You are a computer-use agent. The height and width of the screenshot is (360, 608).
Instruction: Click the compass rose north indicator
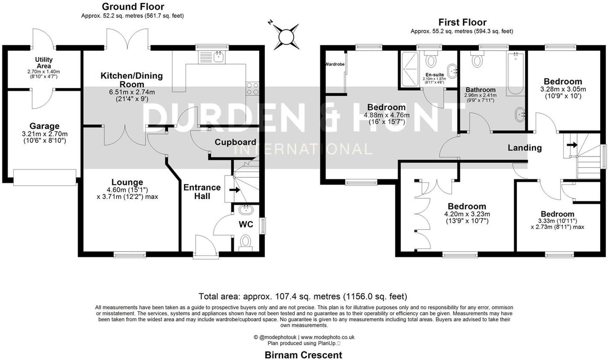(x=270, y=22)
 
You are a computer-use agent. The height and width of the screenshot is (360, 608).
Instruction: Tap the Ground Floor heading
(x=133, y=6)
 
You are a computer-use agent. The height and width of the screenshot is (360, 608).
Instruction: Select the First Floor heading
(x=462, y=22)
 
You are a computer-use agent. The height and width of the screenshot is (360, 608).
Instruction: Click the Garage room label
(x=44, y=126)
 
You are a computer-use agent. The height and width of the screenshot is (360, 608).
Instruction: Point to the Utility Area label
(x=44, y=63)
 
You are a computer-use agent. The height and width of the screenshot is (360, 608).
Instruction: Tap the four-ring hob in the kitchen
(x=253, y=88)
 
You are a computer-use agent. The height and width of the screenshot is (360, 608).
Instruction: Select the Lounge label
(x=127, y=182)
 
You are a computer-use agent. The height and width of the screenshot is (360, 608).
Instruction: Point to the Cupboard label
(x=235, y=142)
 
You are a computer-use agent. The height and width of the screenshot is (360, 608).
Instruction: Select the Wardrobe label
(x=335, y=64)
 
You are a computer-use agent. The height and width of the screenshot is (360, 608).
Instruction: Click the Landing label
(x=525, y=148)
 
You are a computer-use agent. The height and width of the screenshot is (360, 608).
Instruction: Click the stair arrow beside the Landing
(x=572, y=145)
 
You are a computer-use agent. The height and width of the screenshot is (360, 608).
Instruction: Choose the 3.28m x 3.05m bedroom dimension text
(x=563, y=89)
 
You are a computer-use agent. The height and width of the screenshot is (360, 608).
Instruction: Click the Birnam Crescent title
(x=303, y=355)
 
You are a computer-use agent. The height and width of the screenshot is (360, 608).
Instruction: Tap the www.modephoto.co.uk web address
(x=328, y=337)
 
